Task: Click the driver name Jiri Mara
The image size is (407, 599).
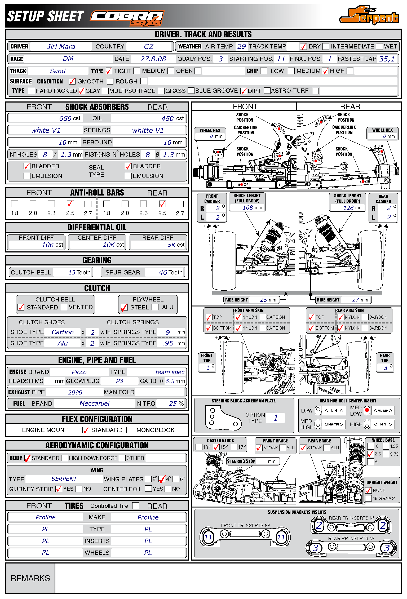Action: [x=61, y=47]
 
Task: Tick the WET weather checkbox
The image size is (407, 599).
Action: [x=380, y=47]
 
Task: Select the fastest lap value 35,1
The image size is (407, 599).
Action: [x=387, y=59]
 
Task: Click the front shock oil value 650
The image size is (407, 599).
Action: [x=65, y=118]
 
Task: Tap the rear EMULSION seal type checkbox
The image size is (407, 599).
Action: [x=128, y=176]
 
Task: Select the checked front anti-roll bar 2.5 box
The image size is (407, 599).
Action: [x=70, y=204]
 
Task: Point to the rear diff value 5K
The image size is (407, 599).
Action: [x=171, y=245]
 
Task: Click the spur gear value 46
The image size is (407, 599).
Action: [x=163, y=272]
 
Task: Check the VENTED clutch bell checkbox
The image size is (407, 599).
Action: [x=64, y=307]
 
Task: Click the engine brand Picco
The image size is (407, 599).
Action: [x=79, y=372]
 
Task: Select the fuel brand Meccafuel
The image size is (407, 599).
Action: [x=94, y=403]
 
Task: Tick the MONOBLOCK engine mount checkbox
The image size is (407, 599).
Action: [x=130, y=430]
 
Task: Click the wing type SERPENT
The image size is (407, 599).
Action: [x=64, y=479]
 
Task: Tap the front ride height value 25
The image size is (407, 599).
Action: [x=264, y=300]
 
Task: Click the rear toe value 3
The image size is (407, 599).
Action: [x=386, y=368]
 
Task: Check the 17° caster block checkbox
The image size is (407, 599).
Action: [x=234, y=447]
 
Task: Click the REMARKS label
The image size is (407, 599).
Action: [x=30, y=578]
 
